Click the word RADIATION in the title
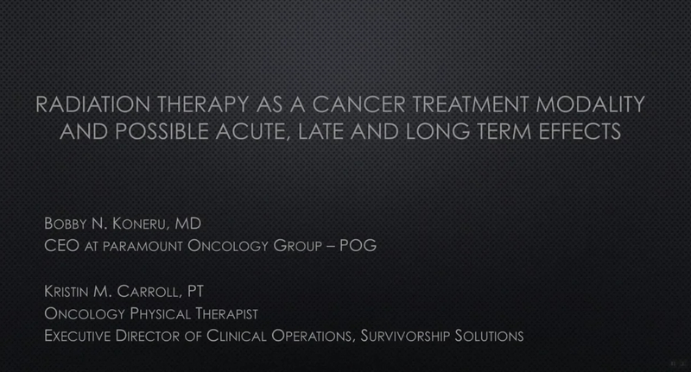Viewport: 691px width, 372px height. click(x=92, y=104)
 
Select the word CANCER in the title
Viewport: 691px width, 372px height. click(x=358, y=104)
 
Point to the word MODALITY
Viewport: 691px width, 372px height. click(x=590, y=104)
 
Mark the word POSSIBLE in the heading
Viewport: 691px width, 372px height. click(x=162, y=132)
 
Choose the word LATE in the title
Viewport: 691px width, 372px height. click(x=320, y=132)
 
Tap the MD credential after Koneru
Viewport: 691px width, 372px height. click(x=187, y=224)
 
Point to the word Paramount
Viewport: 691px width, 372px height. click(x=143, y=247)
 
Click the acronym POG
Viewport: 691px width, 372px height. click(x=358, y=246)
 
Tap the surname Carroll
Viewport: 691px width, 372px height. click(x=149, y=292)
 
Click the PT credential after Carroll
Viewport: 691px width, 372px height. click(x=196, y=291)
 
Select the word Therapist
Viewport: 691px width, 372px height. click(x=226, y=314)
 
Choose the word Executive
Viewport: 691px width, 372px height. click(x=78, y=336)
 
